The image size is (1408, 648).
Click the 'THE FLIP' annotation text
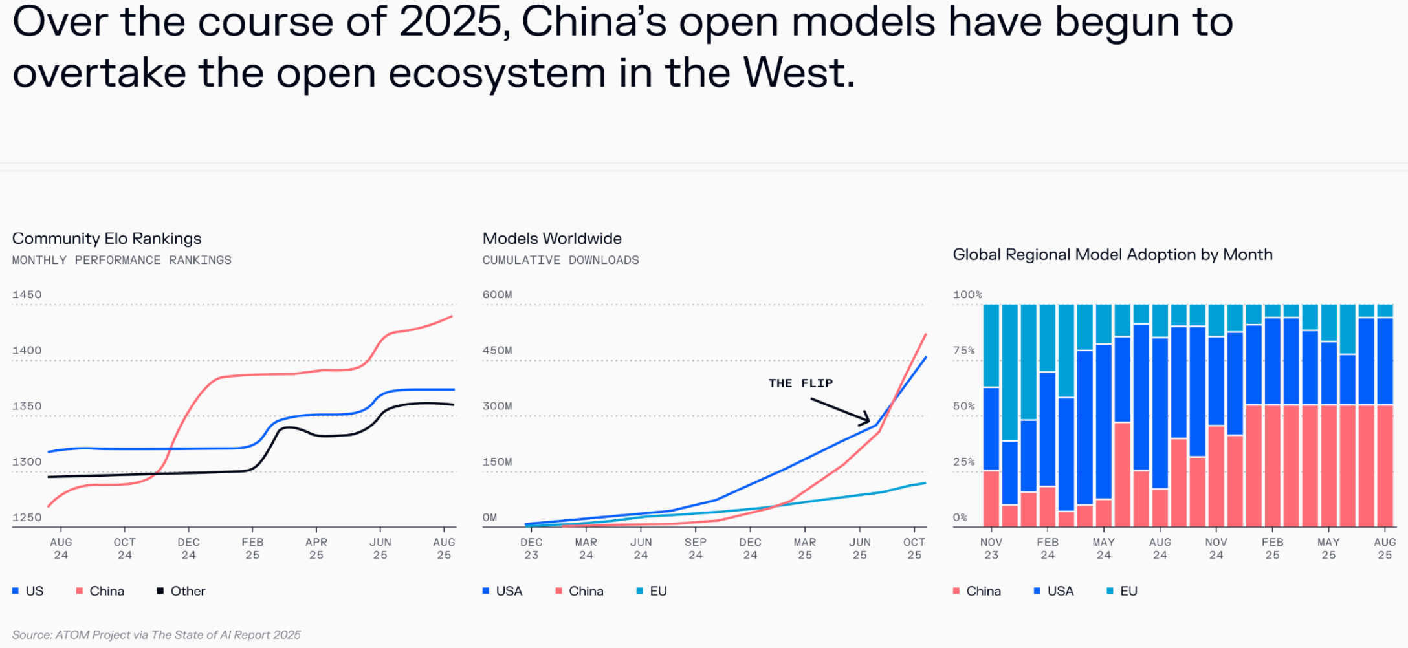coord(800,383)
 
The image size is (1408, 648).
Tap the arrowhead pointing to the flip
coord(867,420)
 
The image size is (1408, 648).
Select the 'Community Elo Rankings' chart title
coord(107,239)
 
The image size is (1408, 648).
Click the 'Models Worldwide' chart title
coord(552,239)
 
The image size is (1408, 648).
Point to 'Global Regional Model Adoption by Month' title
coord(1112,255)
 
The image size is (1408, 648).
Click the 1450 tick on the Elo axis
coord(27,295)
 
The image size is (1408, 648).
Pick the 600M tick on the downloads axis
coord(497,295)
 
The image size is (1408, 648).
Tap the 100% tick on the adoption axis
coord(967,295)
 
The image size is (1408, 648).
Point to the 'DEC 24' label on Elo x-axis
coord(189,548)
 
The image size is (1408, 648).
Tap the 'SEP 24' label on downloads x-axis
coord(696,548)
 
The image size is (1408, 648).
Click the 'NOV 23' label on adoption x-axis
coord(991,548)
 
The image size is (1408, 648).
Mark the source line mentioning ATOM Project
coord(157,635)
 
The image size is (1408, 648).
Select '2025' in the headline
coord(450,22)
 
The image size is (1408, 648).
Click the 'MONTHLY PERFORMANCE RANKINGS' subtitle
coord(122,260)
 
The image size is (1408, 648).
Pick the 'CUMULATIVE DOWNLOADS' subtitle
coord(560,260)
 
